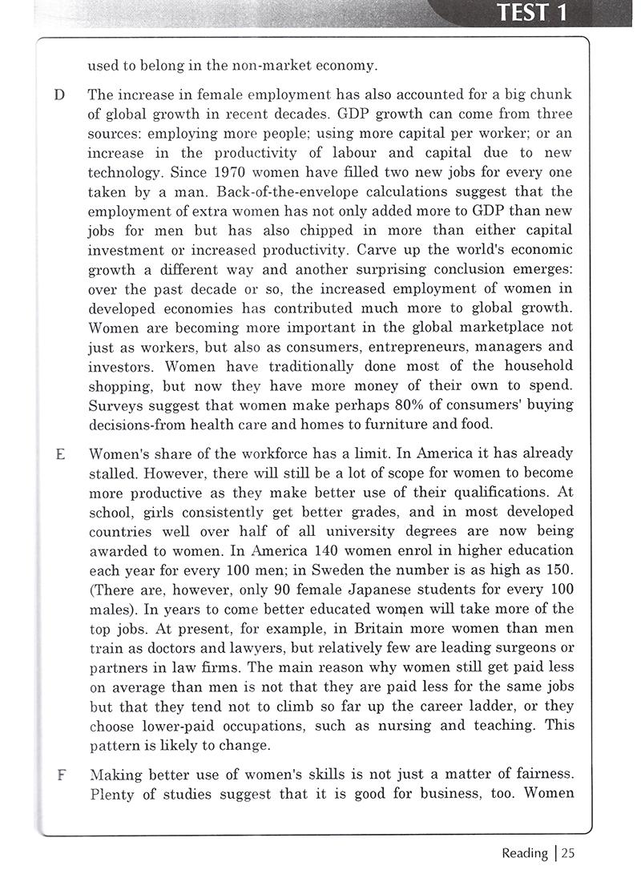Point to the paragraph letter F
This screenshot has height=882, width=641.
[58, 775]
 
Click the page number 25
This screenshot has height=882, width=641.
[567, 853]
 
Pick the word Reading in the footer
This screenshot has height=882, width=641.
[524, 853]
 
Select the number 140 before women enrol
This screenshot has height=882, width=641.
[341, 550]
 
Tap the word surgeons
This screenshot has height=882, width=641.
[527, 648]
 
